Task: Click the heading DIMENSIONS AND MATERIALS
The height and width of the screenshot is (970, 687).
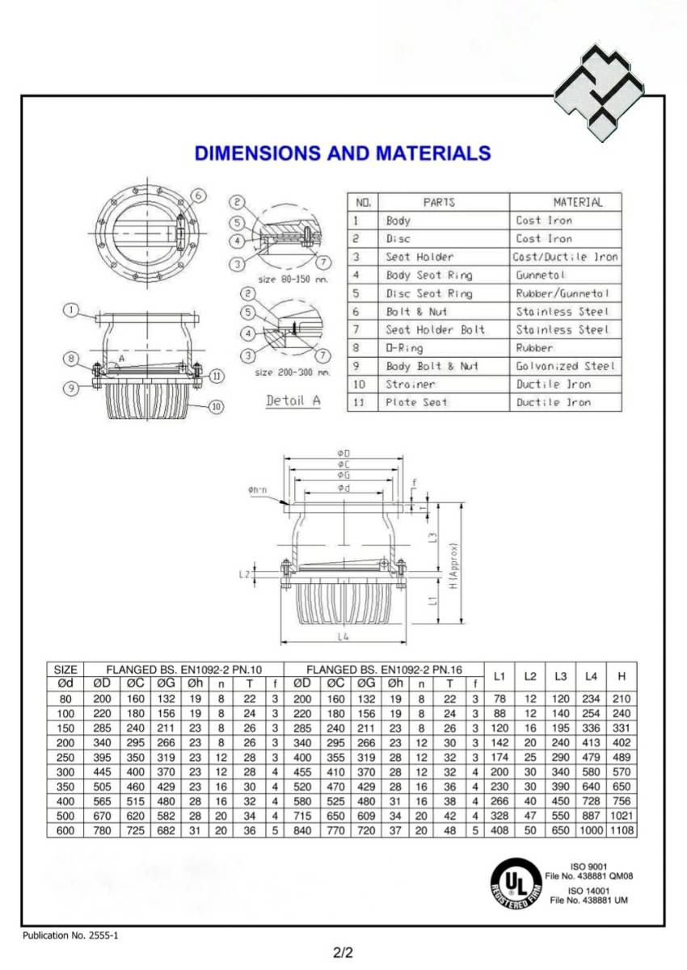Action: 343,153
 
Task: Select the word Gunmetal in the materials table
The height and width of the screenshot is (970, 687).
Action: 542,275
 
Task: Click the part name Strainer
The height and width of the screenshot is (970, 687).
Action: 410,384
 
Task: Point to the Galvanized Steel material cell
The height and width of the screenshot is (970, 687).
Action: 566,366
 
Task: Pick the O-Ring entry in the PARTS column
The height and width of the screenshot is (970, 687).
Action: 401,348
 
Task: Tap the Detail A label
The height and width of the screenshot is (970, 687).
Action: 293,401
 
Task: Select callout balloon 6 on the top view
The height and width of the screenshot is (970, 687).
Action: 199,195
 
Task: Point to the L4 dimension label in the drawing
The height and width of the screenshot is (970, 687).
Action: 344,637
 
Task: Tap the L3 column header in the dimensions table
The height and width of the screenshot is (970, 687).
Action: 561,676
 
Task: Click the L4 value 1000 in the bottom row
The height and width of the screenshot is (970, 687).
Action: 592,830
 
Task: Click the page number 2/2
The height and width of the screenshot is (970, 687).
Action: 343,952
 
